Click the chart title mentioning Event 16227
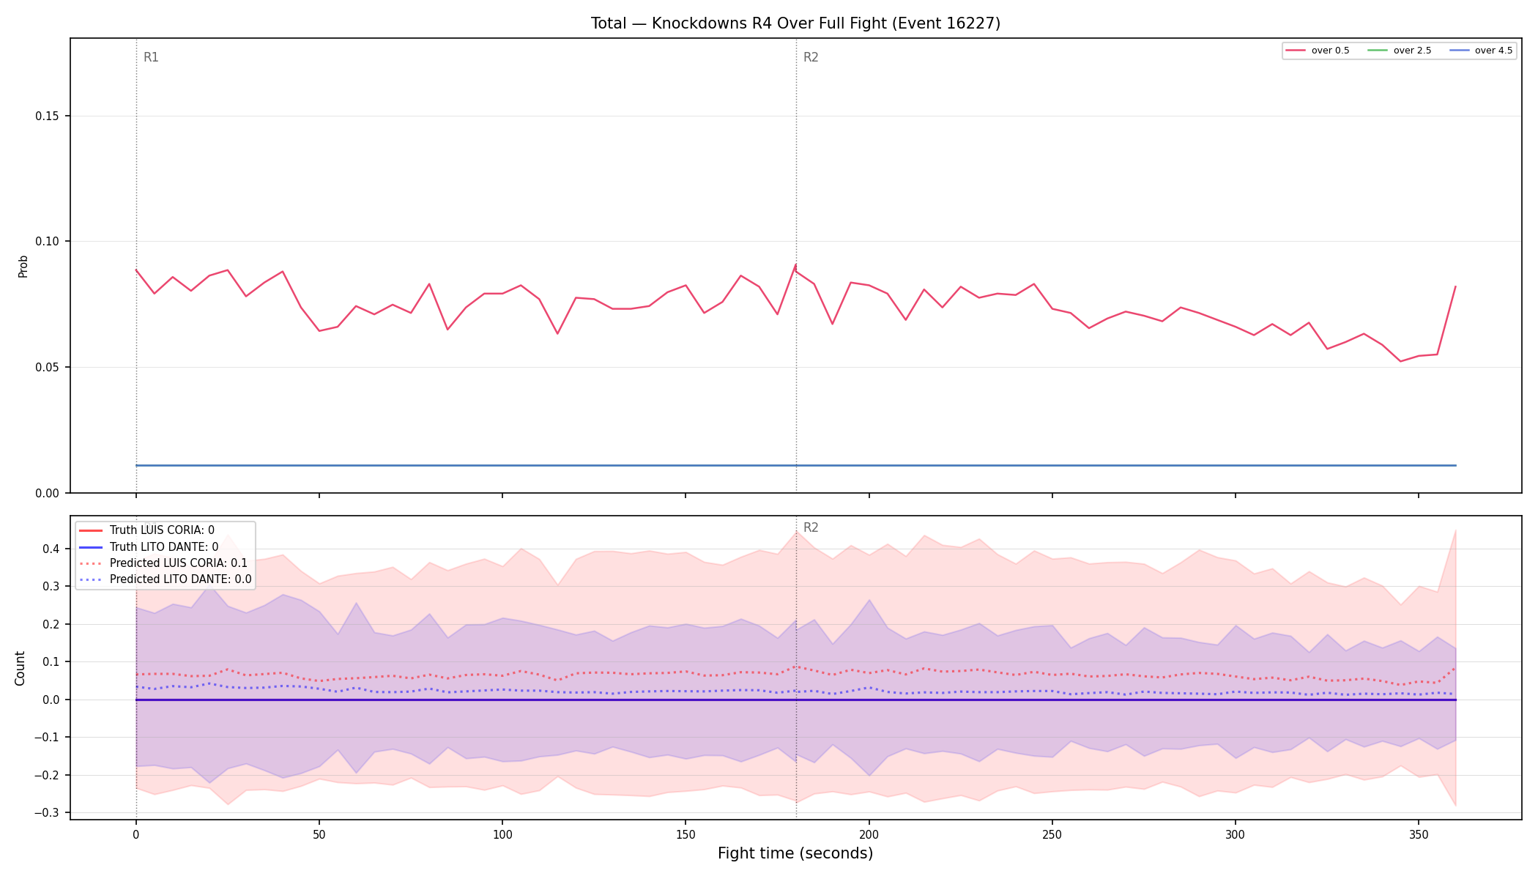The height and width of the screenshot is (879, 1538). coord(795,23)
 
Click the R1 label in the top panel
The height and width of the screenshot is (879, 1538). coord(151,57)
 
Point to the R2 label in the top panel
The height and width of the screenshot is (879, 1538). coord(811,57)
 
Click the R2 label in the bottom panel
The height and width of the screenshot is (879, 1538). coord(811,527)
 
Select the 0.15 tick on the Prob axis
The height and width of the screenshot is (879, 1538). coord(48,116)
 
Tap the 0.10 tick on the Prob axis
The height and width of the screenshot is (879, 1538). coord(48,242)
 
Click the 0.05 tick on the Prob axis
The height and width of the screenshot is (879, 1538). coord(48,367)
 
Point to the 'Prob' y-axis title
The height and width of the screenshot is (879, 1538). coord(23,266)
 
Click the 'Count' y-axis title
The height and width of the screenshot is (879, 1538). coord(20,668)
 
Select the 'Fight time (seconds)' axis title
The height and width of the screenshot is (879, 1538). coord(795,853)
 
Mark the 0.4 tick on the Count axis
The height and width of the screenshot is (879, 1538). coord(51,549)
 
